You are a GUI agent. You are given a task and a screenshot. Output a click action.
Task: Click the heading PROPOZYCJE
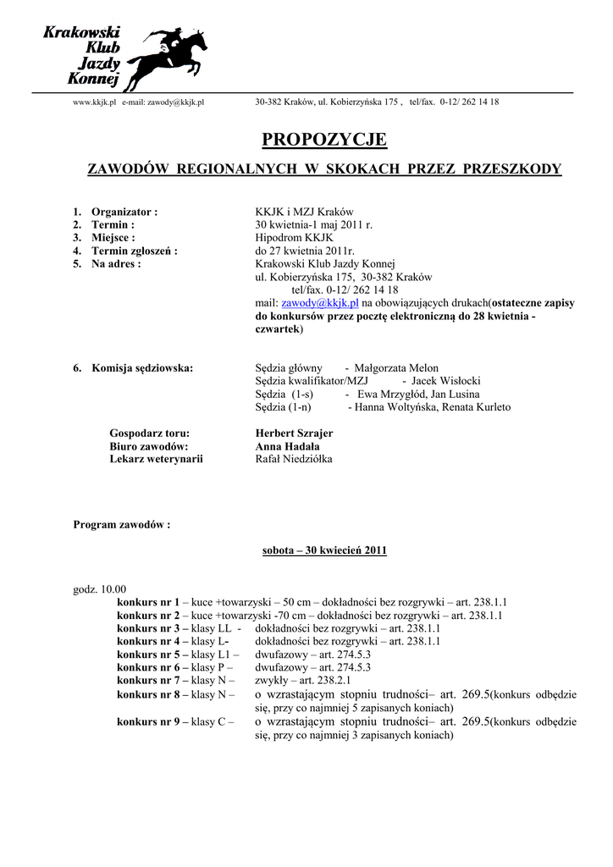(324, 140)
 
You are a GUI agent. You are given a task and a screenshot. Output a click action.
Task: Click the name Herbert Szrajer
(294, 433)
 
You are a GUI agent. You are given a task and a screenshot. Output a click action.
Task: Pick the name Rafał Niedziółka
(294, 459)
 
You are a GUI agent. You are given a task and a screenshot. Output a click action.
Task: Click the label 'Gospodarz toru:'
(150, 433)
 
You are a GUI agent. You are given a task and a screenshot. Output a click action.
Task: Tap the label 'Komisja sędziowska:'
(141, 367)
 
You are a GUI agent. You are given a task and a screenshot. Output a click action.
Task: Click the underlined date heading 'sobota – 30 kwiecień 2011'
(325, 550)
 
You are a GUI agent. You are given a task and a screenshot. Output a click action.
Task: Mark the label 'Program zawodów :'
(122, 524)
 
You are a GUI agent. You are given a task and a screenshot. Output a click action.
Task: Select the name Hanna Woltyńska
(398, 407)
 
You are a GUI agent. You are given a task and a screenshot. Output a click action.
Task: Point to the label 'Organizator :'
(124, 212)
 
